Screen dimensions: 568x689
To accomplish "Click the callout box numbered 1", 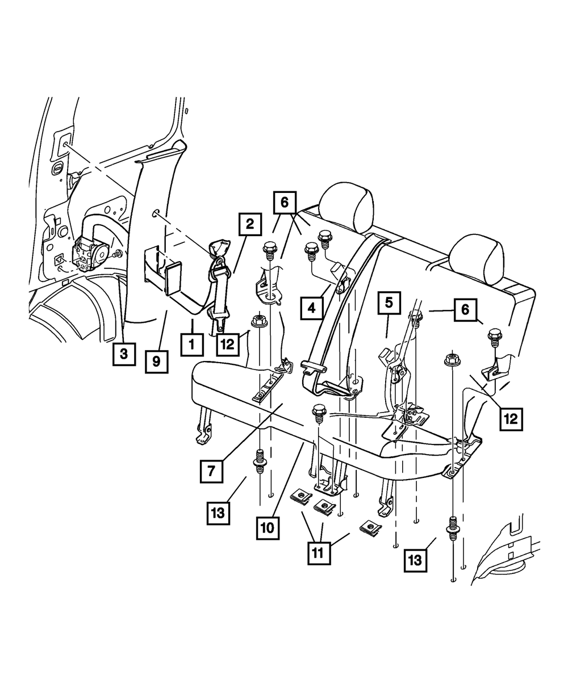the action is (192, 345).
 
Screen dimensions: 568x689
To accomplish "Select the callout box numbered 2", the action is (250, 224).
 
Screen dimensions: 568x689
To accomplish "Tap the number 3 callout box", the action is (124, 354).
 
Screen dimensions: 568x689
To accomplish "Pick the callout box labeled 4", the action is (312, 308).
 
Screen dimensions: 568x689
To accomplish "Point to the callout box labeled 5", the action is (389, 303).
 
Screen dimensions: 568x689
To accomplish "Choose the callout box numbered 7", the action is (211, 471).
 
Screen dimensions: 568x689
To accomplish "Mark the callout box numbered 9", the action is (157, 362).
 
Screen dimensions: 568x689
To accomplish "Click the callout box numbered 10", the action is (268, 528).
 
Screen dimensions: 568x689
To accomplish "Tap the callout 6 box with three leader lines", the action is (285, 203).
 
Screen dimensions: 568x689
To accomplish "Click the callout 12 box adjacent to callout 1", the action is (228, 345).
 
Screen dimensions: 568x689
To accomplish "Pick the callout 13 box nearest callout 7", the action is (218, 514).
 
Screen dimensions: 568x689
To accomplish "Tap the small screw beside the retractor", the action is (117, 254).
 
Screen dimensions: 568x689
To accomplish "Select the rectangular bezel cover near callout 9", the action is (172, 278).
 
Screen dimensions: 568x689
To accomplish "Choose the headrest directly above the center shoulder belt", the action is (346, 207).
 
